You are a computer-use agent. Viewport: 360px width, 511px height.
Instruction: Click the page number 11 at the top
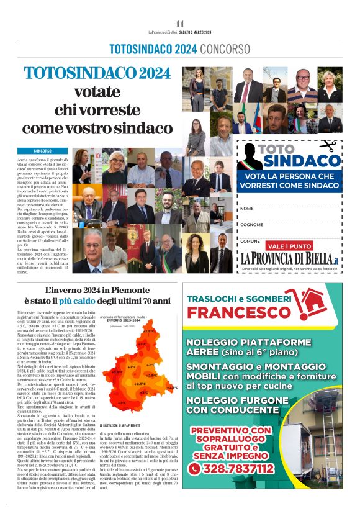click(179, 24)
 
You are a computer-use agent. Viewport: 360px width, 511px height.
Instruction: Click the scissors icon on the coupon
click(328, 146)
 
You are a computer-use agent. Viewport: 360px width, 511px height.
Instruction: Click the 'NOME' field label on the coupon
click(247, 208)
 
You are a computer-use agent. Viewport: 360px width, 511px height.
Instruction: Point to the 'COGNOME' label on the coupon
click(251, 225)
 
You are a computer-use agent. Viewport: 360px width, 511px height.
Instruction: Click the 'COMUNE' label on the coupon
click(250, 241)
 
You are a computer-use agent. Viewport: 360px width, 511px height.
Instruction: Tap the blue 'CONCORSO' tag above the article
click(43, 151)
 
